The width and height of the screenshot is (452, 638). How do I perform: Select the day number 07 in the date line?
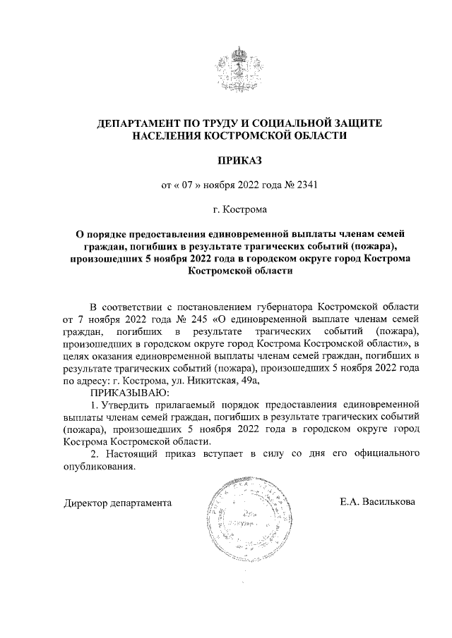click(x=186, y=186)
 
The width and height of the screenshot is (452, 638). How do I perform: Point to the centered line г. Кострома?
click(x=241, y=209)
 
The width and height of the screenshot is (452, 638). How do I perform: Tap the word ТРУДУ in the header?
click(x=220, y=123)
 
